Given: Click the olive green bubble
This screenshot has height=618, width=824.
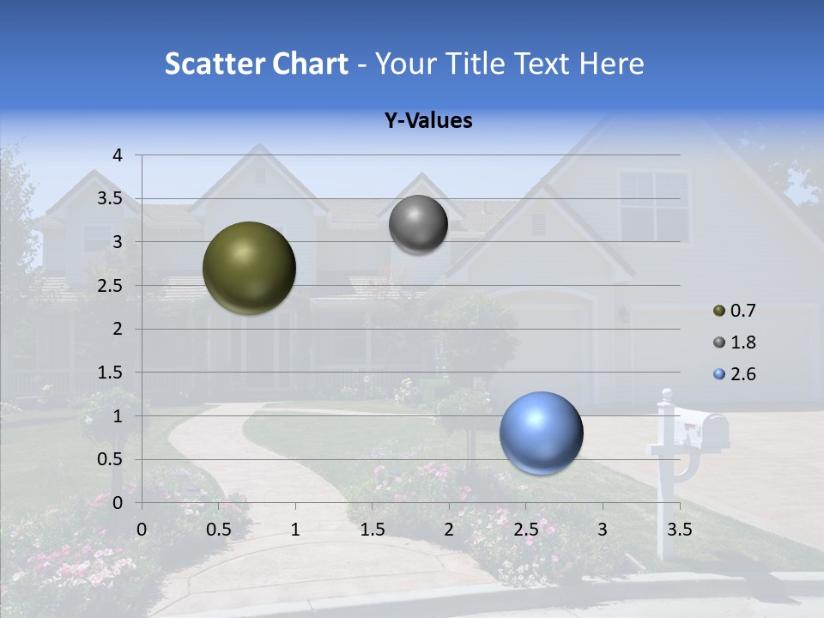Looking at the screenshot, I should point(249,268).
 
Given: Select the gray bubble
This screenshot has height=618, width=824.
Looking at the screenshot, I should point(418,225).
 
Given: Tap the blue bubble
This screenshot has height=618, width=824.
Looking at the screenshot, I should point(541,433).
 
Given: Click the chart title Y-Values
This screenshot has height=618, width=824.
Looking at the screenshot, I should point(427,121).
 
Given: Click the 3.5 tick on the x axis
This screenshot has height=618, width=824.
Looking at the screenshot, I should point(679,529).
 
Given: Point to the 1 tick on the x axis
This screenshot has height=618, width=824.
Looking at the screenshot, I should point(295,529).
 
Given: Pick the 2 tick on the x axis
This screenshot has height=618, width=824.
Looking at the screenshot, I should point(449,529).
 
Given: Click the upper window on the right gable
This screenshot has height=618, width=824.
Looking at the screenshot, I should point(654,206).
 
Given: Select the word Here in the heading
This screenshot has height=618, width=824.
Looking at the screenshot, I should point(611,64).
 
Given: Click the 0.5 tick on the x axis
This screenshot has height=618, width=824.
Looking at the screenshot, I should point(219,529).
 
